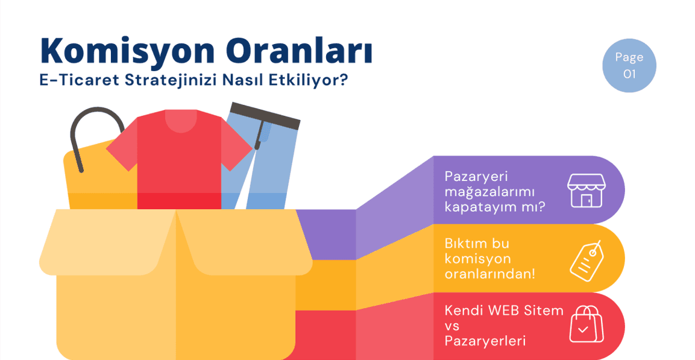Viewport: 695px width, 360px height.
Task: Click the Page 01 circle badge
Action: pos(629,66)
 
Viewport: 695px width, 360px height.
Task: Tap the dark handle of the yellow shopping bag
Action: pos(84,133)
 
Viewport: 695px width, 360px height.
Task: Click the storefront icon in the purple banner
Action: pos(585,190)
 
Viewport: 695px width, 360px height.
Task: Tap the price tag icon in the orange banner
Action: pos(587,259)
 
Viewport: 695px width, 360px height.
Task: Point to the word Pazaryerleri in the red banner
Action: pos(485,341)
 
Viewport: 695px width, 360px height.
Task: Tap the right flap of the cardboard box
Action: pos(241,241)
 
